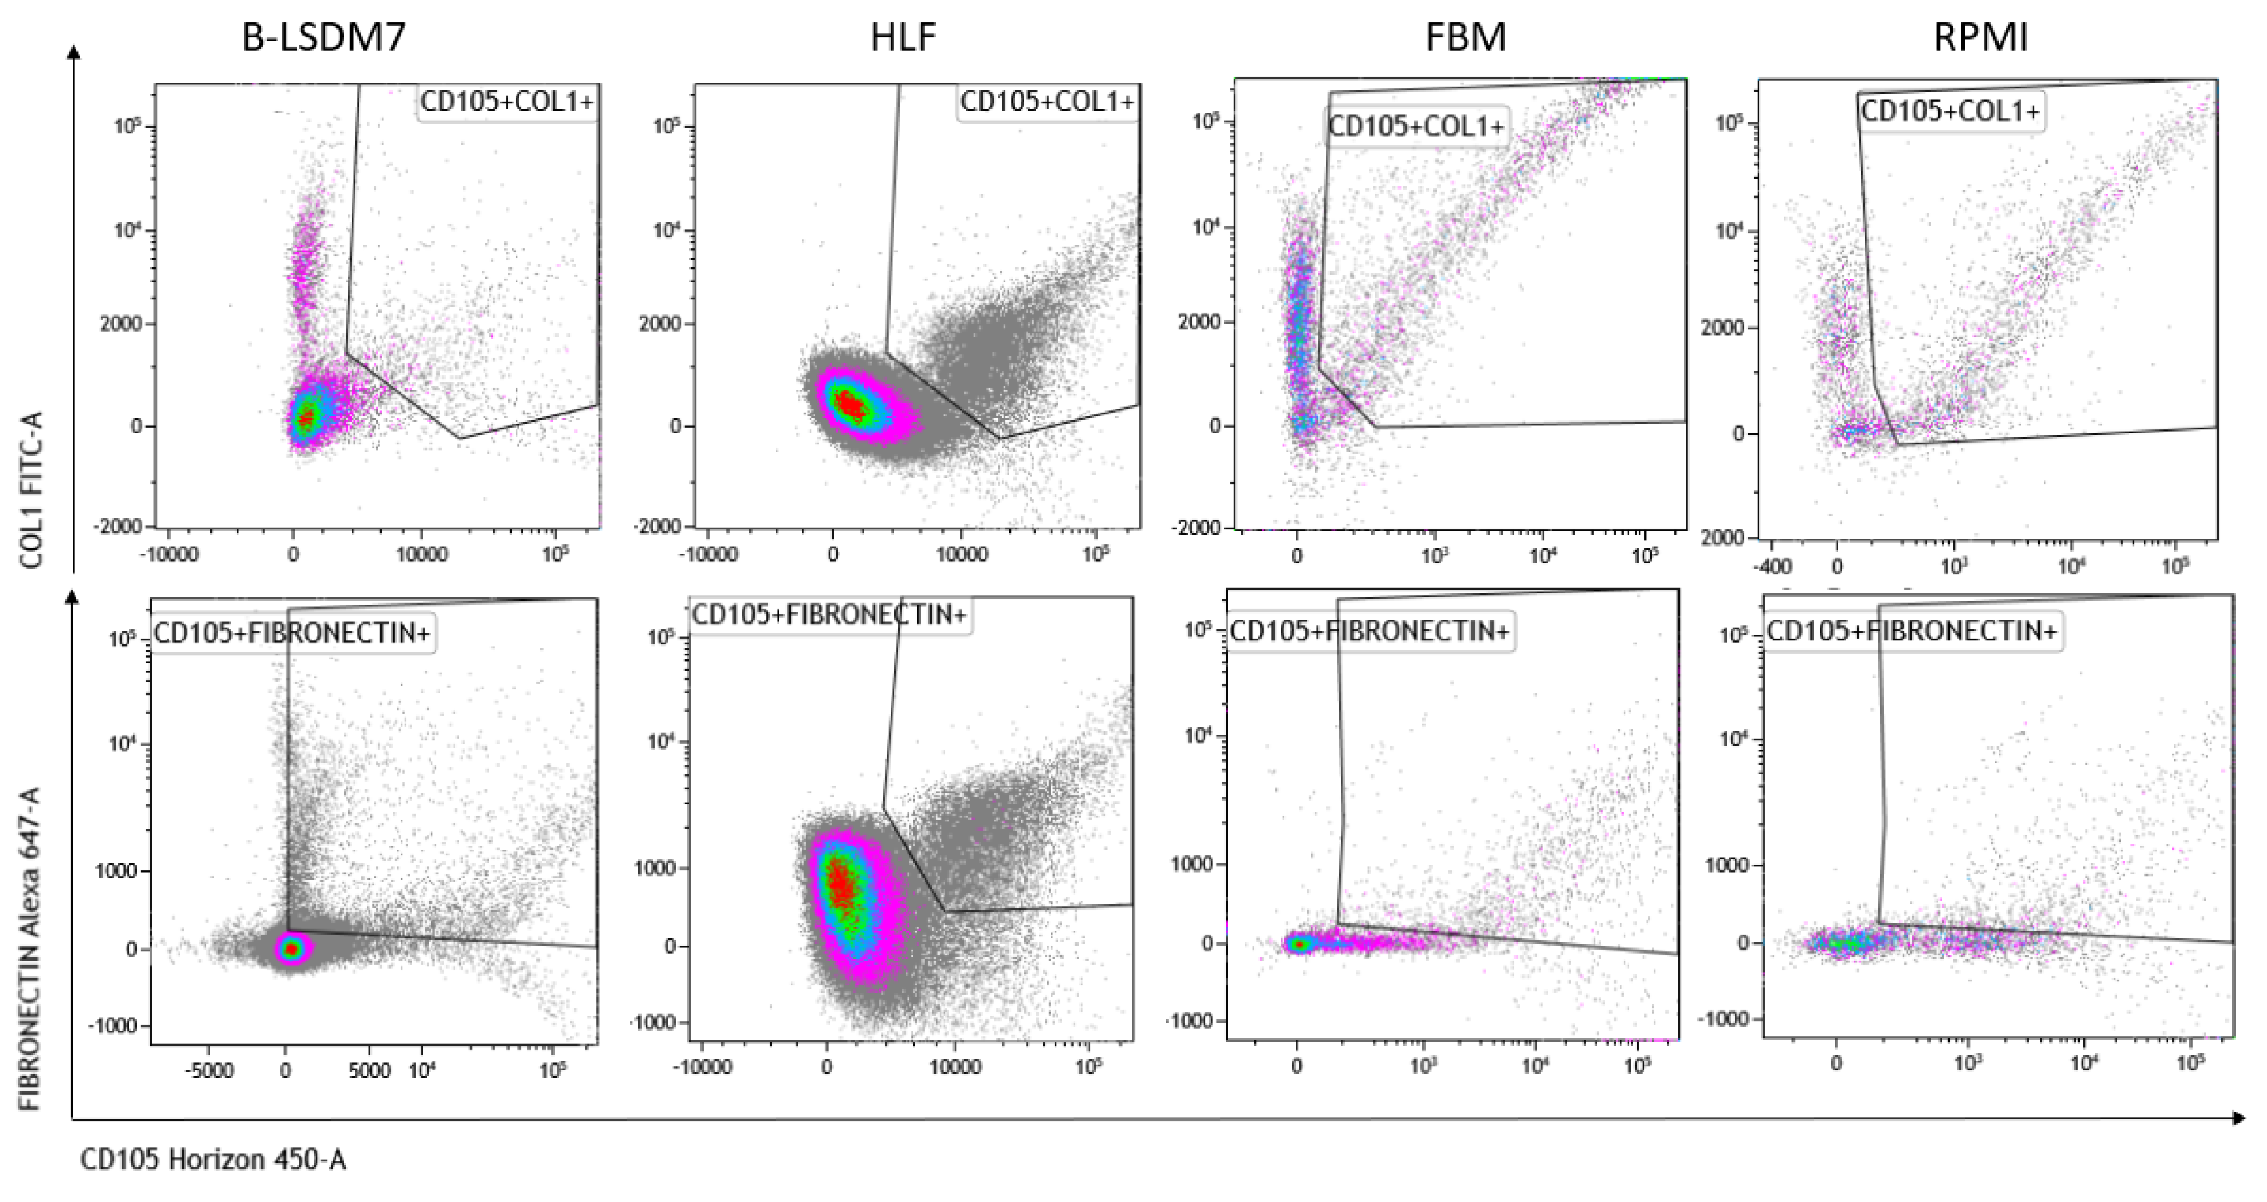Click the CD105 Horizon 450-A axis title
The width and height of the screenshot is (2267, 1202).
tap(213, 1160)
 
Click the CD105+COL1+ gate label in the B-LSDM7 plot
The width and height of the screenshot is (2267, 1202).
tap(507, 102)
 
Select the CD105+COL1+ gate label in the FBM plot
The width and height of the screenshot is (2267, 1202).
tap(1416, 127)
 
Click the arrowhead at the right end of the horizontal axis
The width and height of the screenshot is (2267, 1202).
tap(2239, 1118)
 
